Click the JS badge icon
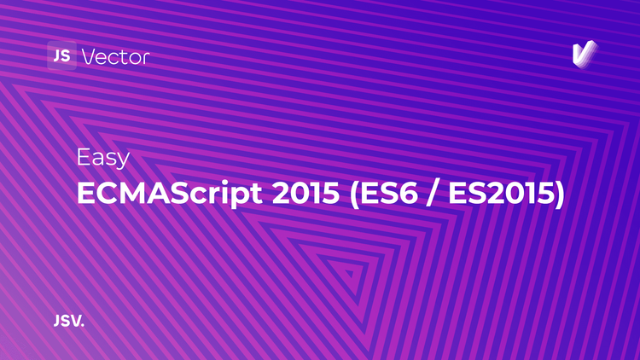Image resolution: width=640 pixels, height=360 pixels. click(x=61, y=56)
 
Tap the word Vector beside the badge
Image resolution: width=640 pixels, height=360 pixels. click(x=115, y=57)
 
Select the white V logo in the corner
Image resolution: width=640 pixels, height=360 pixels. click(x=585, y=54)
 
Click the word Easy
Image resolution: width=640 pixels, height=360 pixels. click(x=102, y=159)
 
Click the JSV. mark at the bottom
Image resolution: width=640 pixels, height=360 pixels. click(x=68, y=322)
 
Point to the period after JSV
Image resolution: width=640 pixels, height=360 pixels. click(x=84, y=326)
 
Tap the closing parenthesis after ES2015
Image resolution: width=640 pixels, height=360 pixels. click(x=559, y=195)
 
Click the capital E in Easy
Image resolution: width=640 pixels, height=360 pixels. click(x=83, y=158)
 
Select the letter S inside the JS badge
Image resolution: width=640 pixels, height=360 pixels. click(x=66, y=56)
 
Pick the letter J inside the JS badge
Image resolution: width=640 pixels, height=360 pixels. click(x=56, y=56)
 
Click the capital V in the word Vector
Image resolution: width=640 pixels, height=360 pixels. click(x=88, y=57)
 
